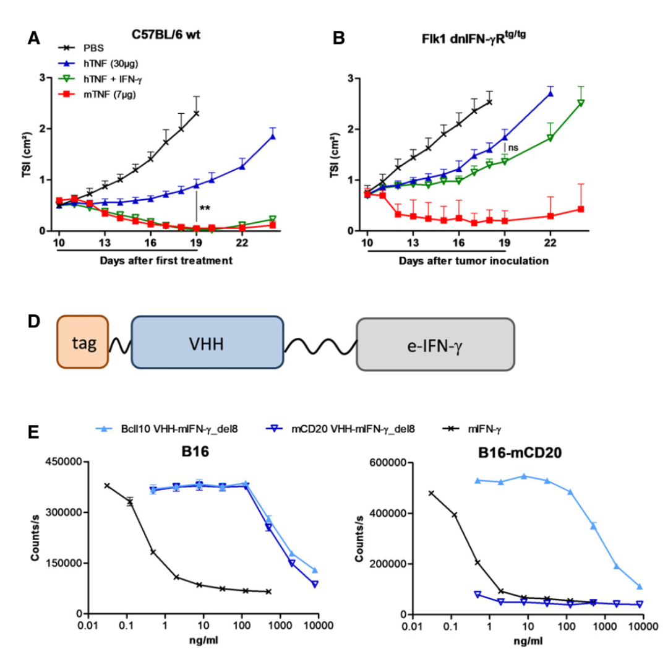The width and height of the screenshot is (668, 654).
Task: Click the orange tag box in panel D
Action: (x=83, y=343)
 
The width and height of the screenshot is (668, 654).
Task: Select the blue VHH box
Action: (x=207, y=342)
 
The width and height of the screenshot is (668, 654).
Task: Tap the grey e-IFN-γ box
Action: (x=435, y=344)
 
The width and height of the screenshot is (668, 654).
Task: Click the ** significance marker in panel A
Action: (x=205, y=209)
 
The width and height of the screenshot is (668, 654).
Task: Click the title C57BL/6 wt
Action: (x=169, y=36)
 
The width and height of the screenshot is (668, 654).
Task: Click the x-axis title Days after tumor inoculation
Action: (x=474, y=261)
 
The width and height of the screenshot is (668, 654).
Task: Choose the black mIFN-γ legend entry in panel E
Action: (x=471, y=428)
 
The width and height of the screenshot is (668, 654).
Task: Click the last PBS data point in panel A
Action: (x=196, y=113)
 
